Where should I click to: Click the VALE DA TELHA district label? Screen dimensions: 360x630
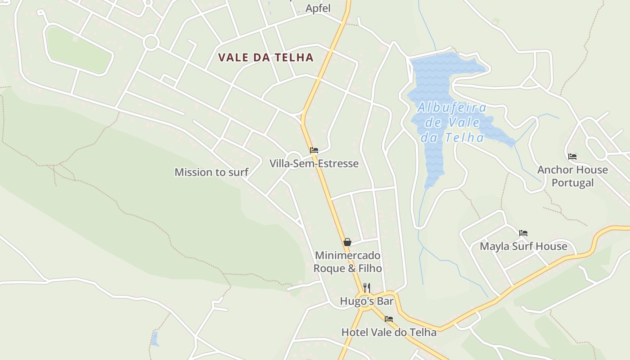pos(265,58)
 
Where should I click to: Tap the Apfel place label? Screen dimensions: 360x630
pos(318,8)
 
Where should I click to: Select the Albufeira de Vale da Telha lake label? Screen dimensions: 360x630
pos(452,122)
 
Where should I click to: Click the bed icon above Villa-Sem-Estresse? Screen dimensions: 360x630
pos(314,150)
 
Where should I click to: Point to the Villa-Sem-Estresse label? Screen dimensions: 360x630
pos(314,163)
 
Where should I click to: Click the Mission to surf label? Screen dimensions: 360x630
pos(211,172)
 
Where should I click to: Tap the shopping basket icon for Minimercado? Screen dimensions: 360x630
pos(347,242)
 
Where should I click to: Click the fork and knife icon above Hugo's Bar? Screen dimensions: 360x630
pos(367,288)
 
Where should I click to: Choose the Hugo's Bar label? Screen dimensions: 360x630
pos(366,301)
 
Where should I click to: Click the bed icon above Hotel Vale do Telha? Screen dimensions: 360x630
pos(389,319)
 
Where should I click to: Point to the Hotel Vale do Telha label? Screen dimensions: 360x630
pos(389,333)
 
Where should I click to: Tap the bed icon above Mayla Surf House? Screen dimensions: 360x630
pos(523,233)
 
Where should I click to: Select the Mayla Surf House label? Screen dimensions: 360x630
pos(523,246)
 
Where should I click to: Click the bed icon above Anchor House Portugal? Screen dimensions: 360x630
pos(572,157)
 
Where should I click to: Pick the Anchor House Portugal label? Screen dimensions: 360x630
pos(572,176)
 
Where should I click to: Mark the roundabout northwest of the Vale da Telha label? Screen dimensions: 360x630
pos(151,43)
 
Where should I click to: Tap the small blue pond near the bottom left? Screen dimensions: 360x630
pos(155,339)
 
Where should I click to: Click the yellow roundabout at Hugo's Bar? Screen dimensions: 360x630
pos(368,301)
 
